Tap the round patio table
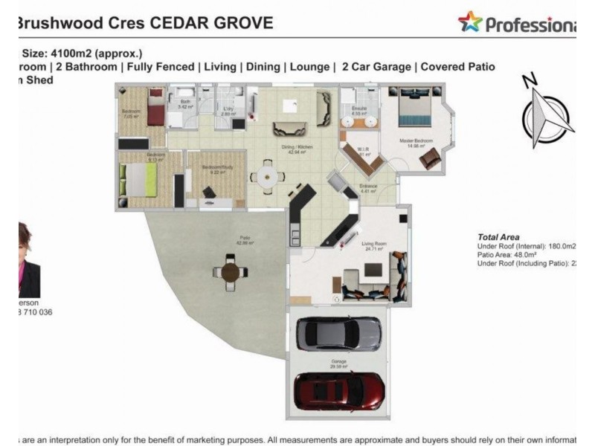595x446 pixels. coord(231,273)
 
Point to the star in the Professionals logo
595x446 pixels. coord(470,22)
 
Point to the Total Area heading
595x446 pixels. coord(498,236)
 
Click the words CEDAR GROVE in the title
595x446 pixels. coord(212,23)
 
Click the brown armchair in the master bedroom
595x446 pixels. coord(430,159)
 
